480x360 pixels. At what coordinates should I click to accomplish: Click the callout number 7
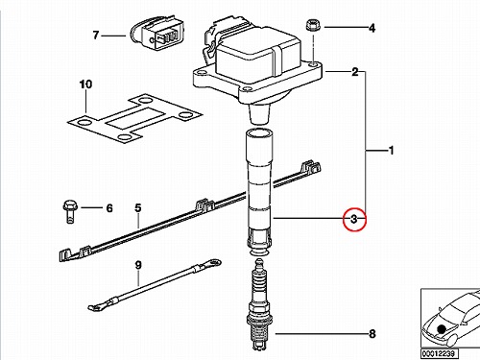[96, 36]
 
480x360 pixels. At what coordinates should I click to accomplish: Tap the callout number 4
[372, 28]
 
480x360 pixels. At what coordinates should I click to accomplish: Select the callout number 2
[355, 72]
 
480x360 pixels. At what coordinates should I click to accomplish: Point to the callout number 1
[391, 150]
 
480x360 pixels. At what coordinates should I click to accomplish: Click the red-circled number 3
[354, 219]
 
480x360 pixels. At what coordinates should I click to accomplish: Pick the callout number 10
[85, 84]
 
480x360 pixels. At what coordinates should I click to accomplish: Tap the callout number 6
[109, 208]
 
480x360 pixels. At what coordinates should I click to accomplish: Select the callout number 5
[137, 208]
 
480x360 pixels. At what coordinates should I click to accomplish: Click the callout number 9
[138, 265]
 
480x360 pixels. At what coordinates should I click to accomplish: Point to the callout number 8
[372, 334]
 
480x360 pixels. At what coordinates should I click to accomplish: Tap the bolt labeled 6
[70, 211]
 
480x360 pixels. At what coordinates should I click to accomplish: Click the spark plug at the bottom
[259, 305]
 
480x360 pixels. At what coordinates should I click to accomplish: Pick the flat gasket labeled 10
[134, 118]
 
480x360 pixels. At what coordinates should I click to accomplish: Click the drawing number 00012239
[440, 353]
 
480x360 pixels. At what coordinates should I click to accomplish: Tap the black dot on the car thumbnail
[443, 329]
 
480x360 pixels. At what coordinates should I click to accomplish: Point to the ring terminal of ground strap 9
[213, 263]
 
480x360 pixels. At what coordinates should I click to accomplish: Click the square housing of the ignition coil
[257, 58]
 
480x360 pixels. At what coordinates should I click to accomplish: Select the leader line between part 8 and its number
[322, 334]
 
